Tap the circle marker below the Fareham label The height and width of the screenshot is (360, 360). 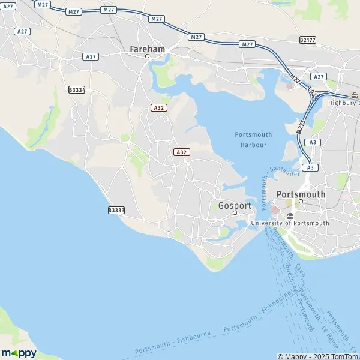coord(147,56)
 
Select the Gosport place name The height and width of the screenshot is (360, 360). coord(235,205)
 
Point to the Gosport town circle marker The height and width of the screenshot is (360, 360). coord(235,212)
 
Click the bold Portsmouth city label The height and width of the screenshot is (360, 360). coord(301,194)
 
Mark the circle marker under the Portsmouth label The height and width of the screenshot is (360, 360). coord(301,202)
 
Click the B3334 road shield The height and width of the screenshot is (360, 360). coord(77,89)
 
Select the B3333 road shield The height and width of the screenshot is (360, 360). coord(116,210)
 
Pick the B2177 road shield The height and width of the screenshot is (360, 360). coord(307,40)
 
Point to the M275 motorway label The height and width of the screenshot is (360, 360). coord(302,127)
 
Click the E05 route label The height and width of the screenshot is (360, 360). coord(310,91)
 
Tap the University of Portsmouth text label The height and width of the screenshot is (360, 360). coord(290,223)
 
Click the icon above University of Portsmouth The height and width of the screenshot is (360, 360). coord(290,215)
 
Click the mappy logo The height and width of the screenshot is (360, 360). coord(19,353)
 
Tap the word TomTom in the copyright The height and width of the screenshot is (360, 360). coord(344,356)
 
